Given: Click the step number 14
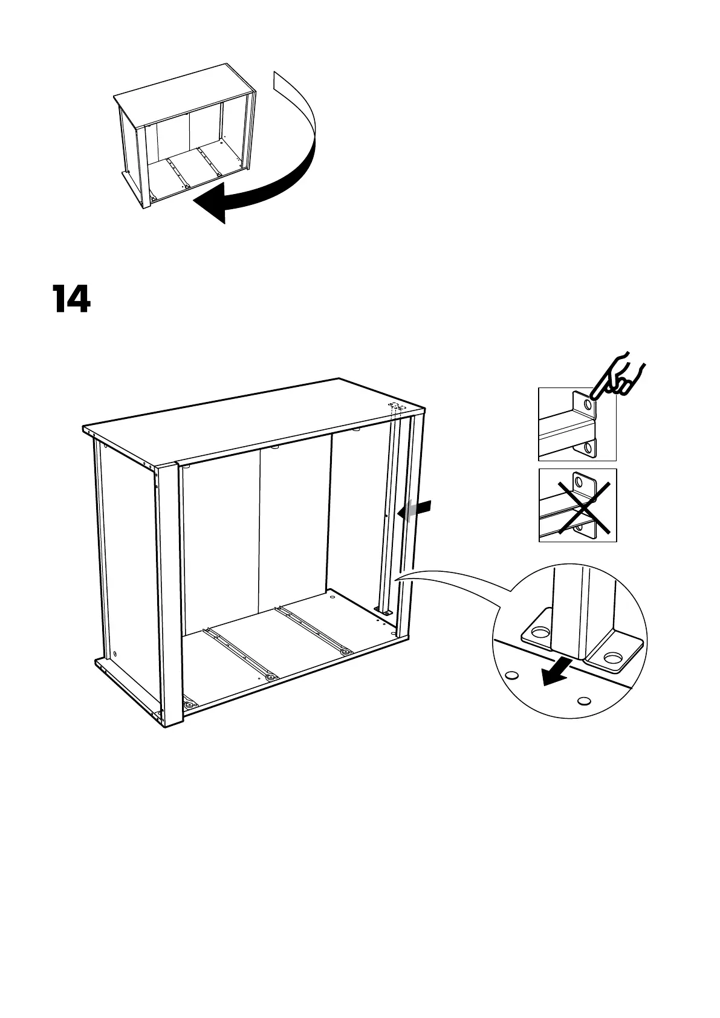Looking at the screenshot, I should pyautogui.click(x=71, y=299).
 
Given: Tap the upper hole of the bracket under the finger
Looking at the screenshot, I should pyautogui.click(x=586, y=404).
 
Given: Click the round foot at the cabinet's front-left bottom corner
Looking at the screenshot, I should pyautogui.click(x=190, y=705).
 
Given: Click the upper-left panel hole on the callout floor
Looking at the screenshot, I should pyautogui.click(x=511, y=675).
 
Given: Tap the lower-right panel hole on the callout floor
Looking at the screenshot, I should pyautogui.click(x=583, y=701).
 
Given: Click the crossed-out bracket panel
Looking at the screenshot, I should pyautogui.click(x=577, y=505).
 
